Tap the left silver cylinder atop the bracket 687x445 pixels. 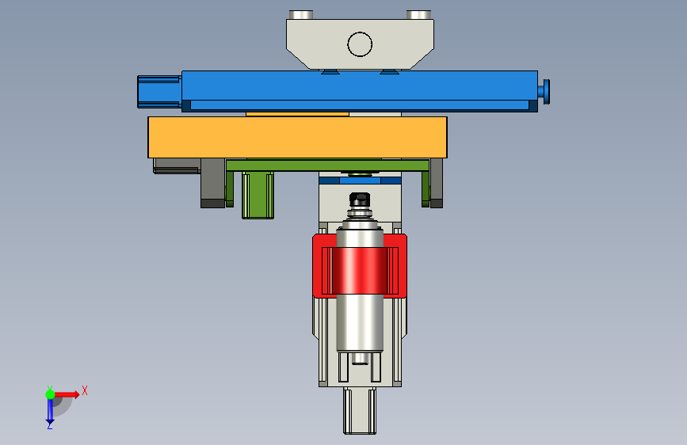point(300,14)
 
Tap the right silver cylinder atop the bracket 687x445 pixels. point(418,14)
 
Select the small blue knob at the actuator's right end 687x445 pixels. point(544,92)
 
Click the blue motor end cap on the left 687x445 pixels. point(159,92)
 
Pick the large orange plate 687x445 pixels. point(297,137)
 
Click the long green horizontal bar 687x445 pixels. point(327,165)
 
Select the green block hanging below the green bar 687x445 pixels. point(258,195)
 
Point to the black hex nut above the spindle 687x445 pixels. point(360,200)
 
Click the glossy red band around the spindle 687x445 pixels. point(360,270)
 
